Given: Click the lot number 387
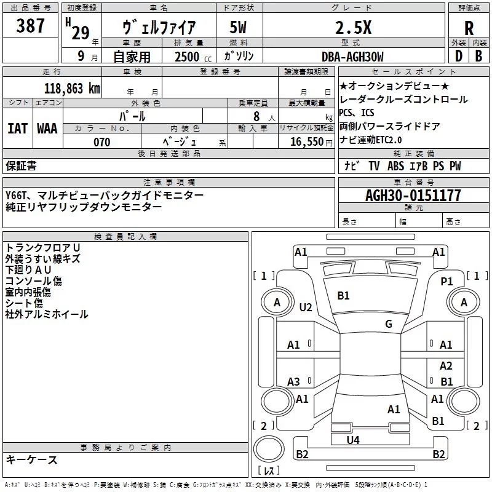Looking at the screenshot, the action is (30, 25).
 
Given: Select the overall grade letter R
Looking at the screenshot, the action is (469, 28).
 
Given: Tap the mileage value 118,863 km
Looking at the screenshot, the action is (72, 89).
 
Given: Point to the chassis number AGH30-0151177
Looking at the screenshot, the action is (413, 196).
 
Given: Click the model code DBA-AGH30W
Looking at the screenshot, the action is (352, 57).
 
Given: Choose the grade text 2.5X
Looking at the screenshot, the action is (353, 28).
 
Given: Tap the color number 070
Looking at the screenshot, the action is (102, 142).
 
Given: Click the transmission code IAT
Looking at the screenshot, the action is (17, 129).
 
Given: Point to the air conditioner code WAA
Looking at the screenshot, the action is (47, 129).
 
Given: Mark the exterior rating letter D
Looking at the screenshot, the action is (459, 56).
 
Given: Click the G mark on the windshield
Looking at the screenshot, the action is (389, 323).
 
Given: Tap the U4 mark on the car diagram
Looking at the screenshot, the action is (353, 440).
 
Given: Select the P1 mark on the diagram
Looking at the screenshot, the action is (446, 282).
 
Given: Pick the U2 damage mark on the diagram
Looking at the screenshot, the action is (306, 307).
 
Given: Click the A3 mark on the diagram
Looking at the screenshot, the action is (293, 381).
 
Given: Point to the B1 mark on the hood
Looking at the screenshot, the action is (343, 296).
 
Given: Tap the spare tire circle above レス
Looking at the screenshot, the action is (269, 449).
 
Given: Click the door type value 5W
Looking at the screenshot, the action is (238, 28).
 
